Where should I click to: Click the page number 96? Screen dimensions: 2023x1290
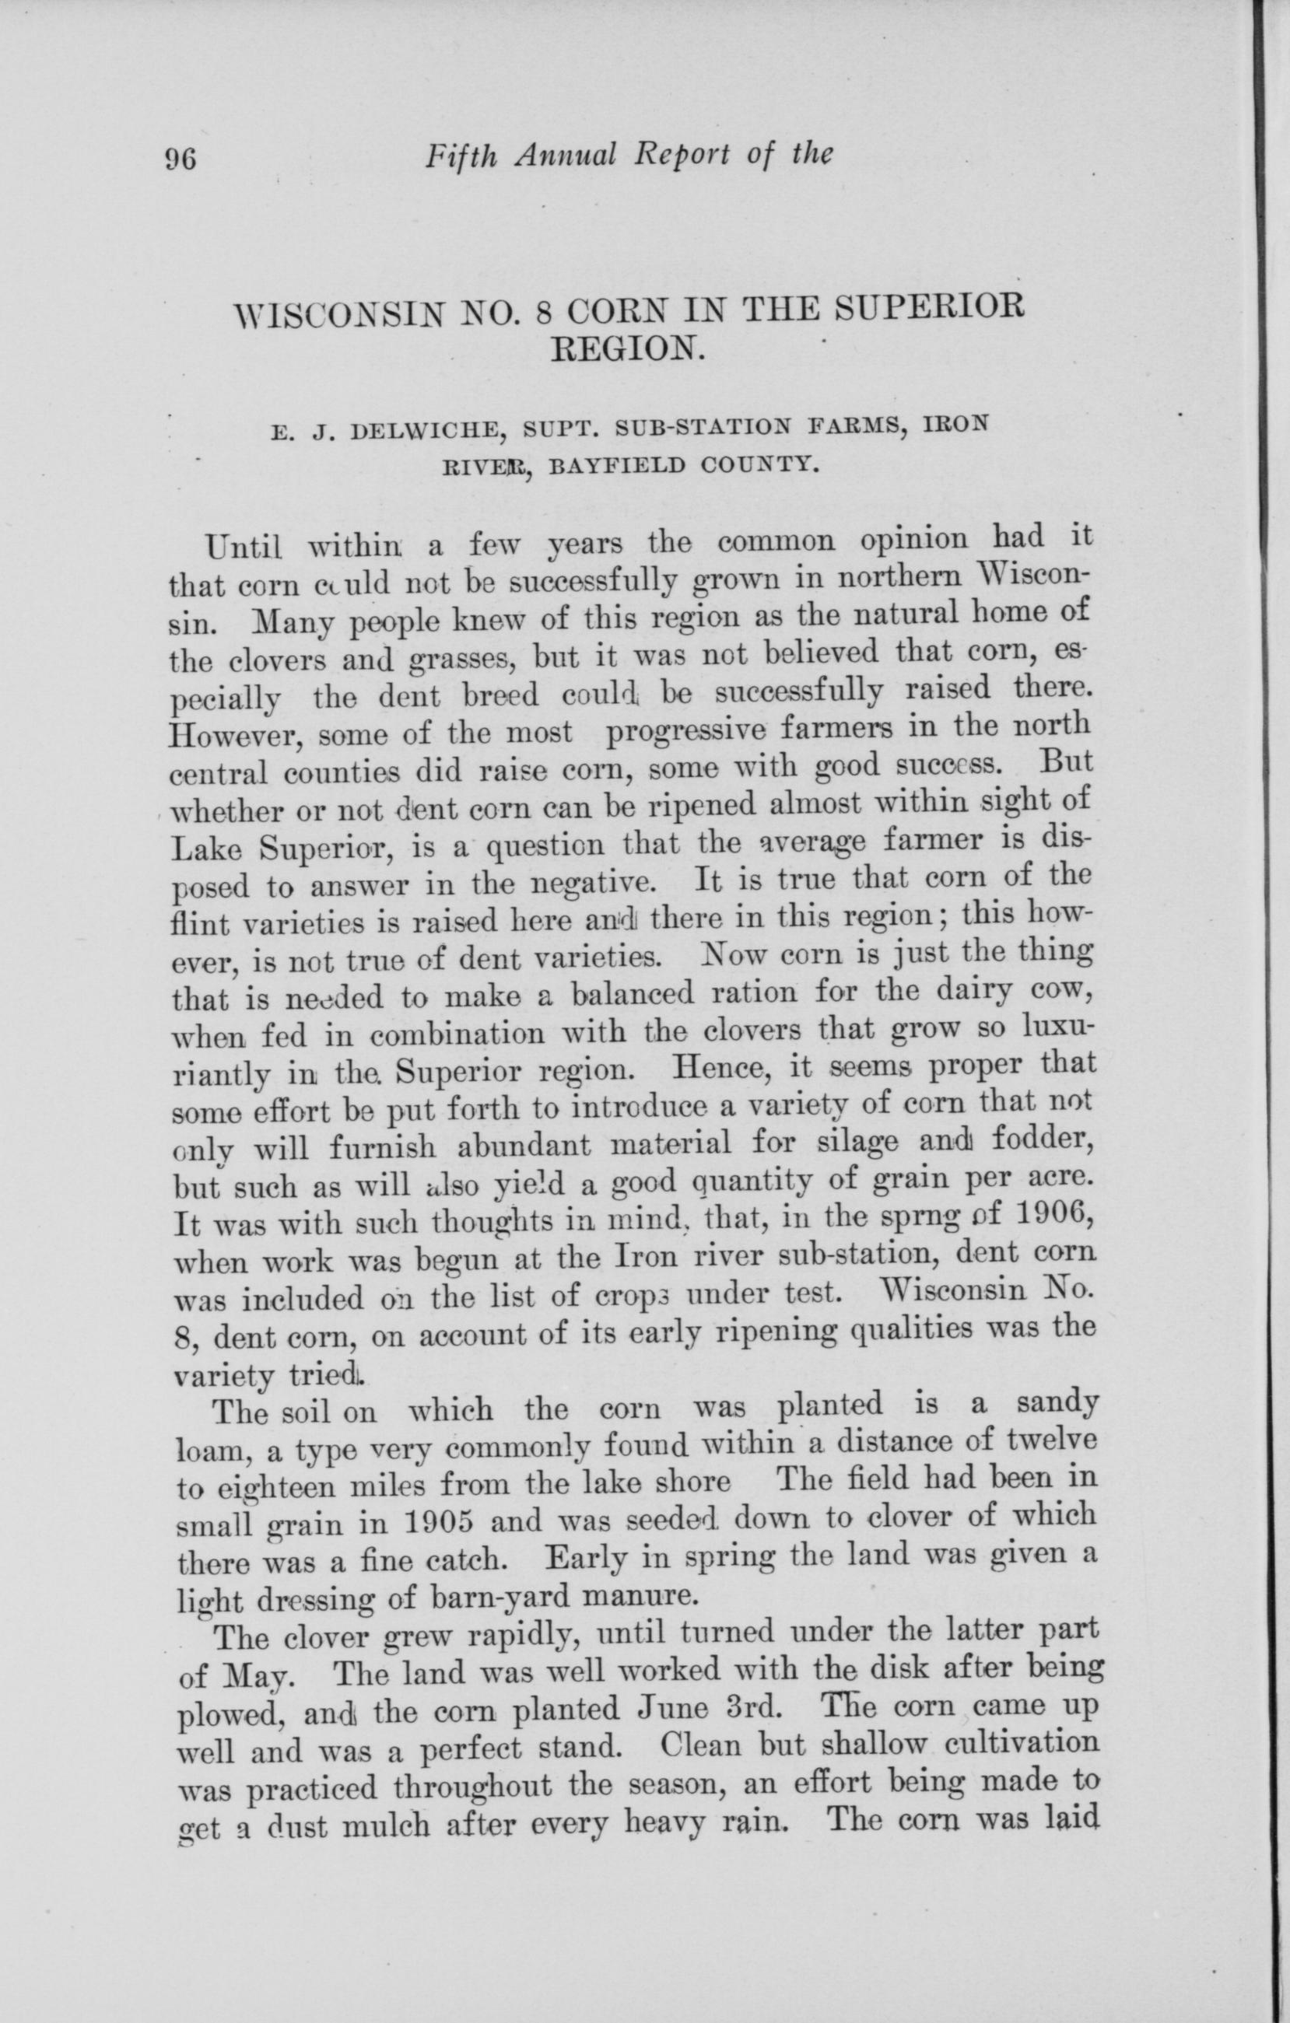coord(181,158)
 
